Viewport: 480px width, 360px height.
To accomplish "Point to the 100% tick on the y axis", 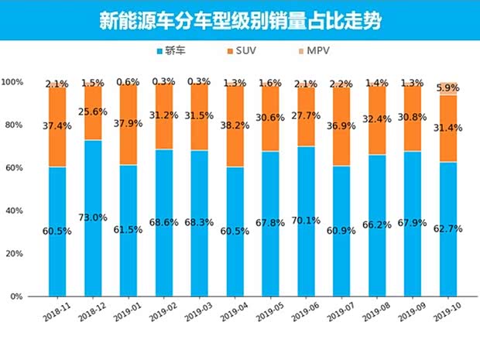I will click(12, 82).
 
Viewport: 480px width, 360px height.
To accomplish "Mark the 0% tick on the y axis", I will click(15, 297).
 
